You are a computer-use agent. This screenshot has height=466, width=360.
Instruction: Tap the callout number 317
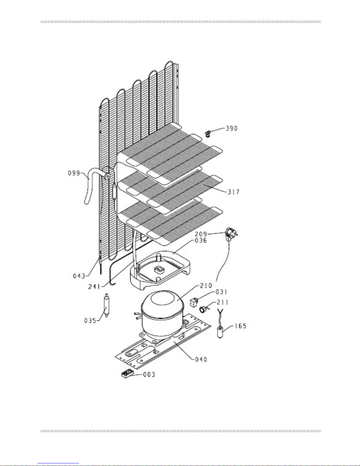click(233, 192)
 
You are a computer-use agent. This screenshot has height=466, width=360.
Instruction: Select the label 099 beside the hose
click(74, 173)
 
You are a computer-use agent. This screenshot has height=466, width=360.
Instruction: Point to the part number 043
click(79, 276)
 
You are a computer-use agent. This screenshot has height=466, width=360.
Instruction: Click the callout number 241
click(94, 286)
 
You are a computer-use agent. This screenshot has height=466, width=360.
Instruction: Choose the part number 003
click(149, 375)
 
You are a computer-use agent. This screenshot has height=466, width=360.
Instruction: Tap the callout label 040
click(201, 359)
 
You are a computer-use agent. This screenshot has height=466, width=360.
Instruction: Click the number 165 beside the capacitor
click(240, 326)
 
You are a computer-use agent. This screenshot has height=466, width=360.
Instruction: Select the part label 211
click(223, 302)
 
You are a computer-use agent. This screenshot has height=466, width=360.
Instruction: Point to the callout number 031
click(221, 292)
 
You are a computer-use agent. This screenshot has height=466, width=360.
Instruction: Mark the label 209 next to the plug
click(201, 234)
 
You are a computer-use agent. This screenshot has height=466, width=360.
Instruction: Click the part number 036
click(201, 240)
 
